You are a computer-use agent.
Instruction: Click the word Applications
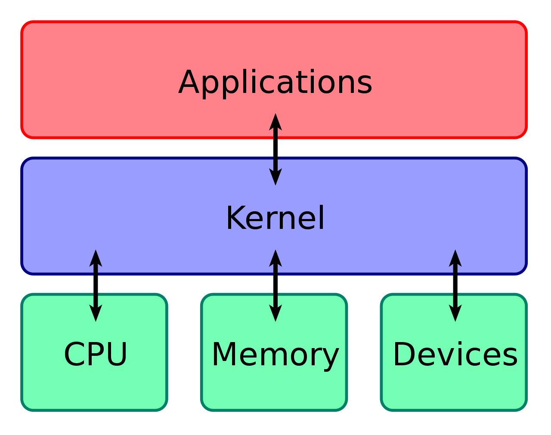point(275,83)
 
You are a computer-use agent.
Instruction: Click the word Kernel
point(275,218)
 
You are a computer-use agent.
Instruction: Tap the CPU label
point(96,354)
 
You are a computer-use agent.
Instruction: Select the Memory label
point(275,354)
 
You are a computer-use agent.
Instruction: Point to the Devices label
point(455,354)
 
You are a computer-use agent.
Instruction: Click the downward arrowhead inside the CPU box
point(96,313)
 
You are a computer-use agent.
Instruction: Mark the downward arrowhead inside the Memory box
point(275,313)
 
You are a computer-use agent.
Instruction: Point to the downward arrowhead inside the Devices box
point(455,313)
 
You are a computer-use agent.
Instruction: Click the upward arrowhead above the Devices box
point(455,258)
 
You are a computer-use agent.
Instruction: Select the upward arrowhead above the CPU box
point(96,258)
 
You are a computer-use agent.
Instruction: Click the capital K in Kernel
point(235,218)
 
